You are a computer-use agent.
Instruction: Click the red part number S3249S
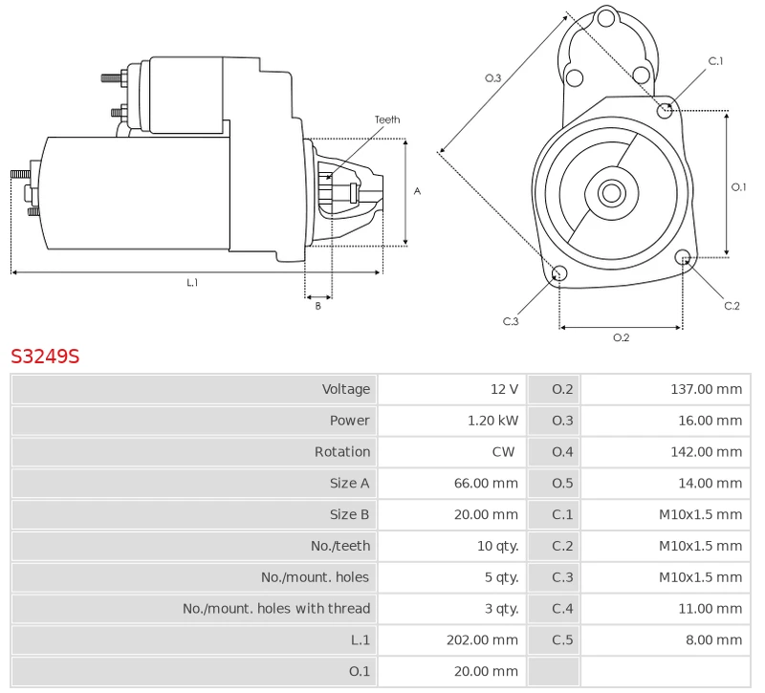click(x=45, y=357)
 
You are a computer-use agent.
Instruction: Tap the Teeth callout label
click(x=387, y=119)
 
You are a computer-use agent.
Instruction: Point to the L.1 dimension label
click(x=192, y=282)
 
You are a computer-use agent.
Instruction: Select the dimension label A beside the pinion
click(x=417, y=191)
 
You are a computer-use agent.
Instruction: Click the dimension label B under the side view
click(x=318, y=306)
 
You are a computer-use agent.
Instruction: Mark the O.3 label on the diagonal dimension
click(x=492, y=77)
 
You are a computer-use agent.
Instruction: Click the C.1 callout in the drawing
click(x=715, y=61)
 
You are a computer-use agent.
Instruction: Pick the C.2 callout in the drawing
click(x=732, y=306)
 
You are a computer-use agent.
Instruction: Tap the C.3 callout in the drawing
click(x=511, y=321)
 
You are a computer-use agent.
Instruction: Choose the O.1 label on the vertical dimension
click(x=738, y=187)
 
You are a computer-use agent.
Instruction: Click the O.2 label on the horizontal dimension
click(x=621, y=337)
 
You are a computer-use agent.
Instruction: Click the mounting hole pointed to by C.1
click(x=665, y=111)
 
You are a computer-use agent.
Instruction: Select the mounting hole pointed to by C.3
click(x=560, y=275)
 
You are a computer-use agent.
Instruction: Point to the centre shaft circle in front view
click(x=610, y=193)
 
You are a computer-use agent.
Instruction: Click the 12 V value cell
click(x=504, y=389)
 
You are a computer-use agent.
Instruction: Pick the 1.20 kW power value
click(x=492, y=421)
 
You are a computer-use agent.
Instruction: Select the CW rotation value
click(x=503, y=452)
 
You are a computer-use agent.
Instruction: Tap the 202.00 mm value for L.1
click(x=482, y=639)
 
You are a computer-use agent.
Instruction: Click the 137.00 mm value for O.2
click(x=706, y=389)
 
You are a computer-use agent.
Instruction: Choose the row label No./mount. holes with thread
click(x=276, y=608)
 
